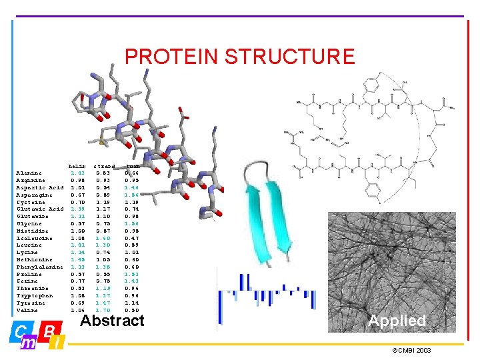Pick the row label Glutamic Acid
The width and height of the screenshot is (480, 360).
39,209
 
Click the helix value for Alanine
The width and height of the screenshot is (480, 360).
77,173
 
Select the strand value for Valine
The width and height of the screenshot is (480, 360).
103,311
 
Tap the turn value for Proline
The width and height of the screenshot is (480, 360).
131,274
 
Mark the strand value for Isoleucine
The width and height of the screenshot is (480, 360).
103,238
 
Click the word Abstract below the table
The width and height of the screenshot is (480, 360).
112,321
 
